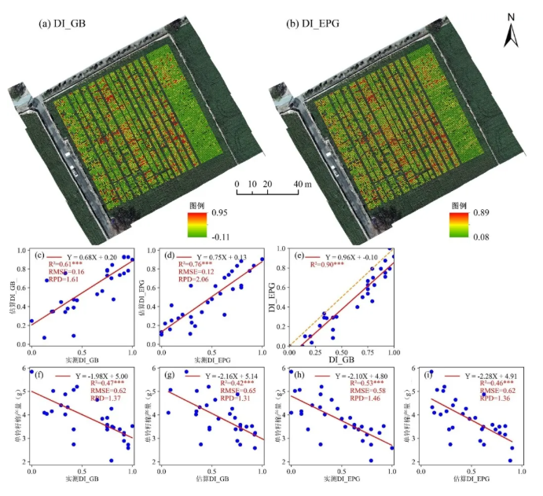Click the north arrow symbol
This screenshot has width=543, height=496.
[510, 31]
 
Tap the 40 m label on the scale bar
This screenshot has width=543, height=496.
[303, 184]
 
